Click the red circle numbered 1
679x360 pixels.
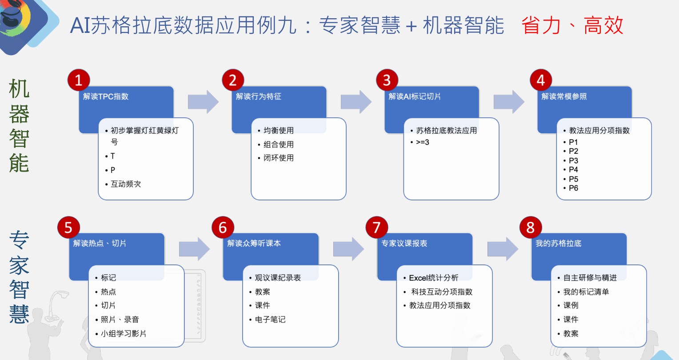coord(79,80)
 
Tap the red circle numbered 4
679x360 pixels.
coord(541,80)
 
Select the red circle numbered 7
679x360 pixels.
coord(376,227)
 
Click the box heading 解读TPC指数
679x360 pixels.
coord(106,96)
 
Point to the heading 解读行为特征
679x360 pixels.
coord(259,96)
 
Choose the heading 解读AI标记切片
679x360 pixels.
coord(415,96)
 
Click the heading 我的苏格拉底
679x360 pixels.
coord(558,243)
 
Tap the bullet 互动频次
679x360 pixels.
coord(126,184)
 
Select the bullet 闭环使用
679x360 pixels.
coord(278,158)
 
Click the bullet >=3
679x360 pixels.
coord(422,142)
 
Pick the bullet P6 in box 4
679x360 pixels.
coord(573,188)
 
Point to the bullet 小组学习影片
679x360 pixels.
coord(123,333)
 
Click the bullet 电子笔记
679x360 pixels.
coord(270,319)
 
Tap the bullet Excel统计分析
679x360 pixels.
coord(433,278)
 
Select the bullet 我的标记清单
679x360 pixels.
coord(586,292)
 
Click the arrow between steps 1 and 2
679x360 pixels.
coord(203,102)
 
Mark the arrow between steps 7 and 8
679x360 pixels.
coord(503,249)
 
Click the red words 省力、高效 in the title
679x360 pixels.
coord(572,25)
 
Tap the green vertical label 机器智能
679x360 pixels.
coord(19,126)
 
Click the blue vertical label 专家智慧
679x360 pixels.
coord(19,277)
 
